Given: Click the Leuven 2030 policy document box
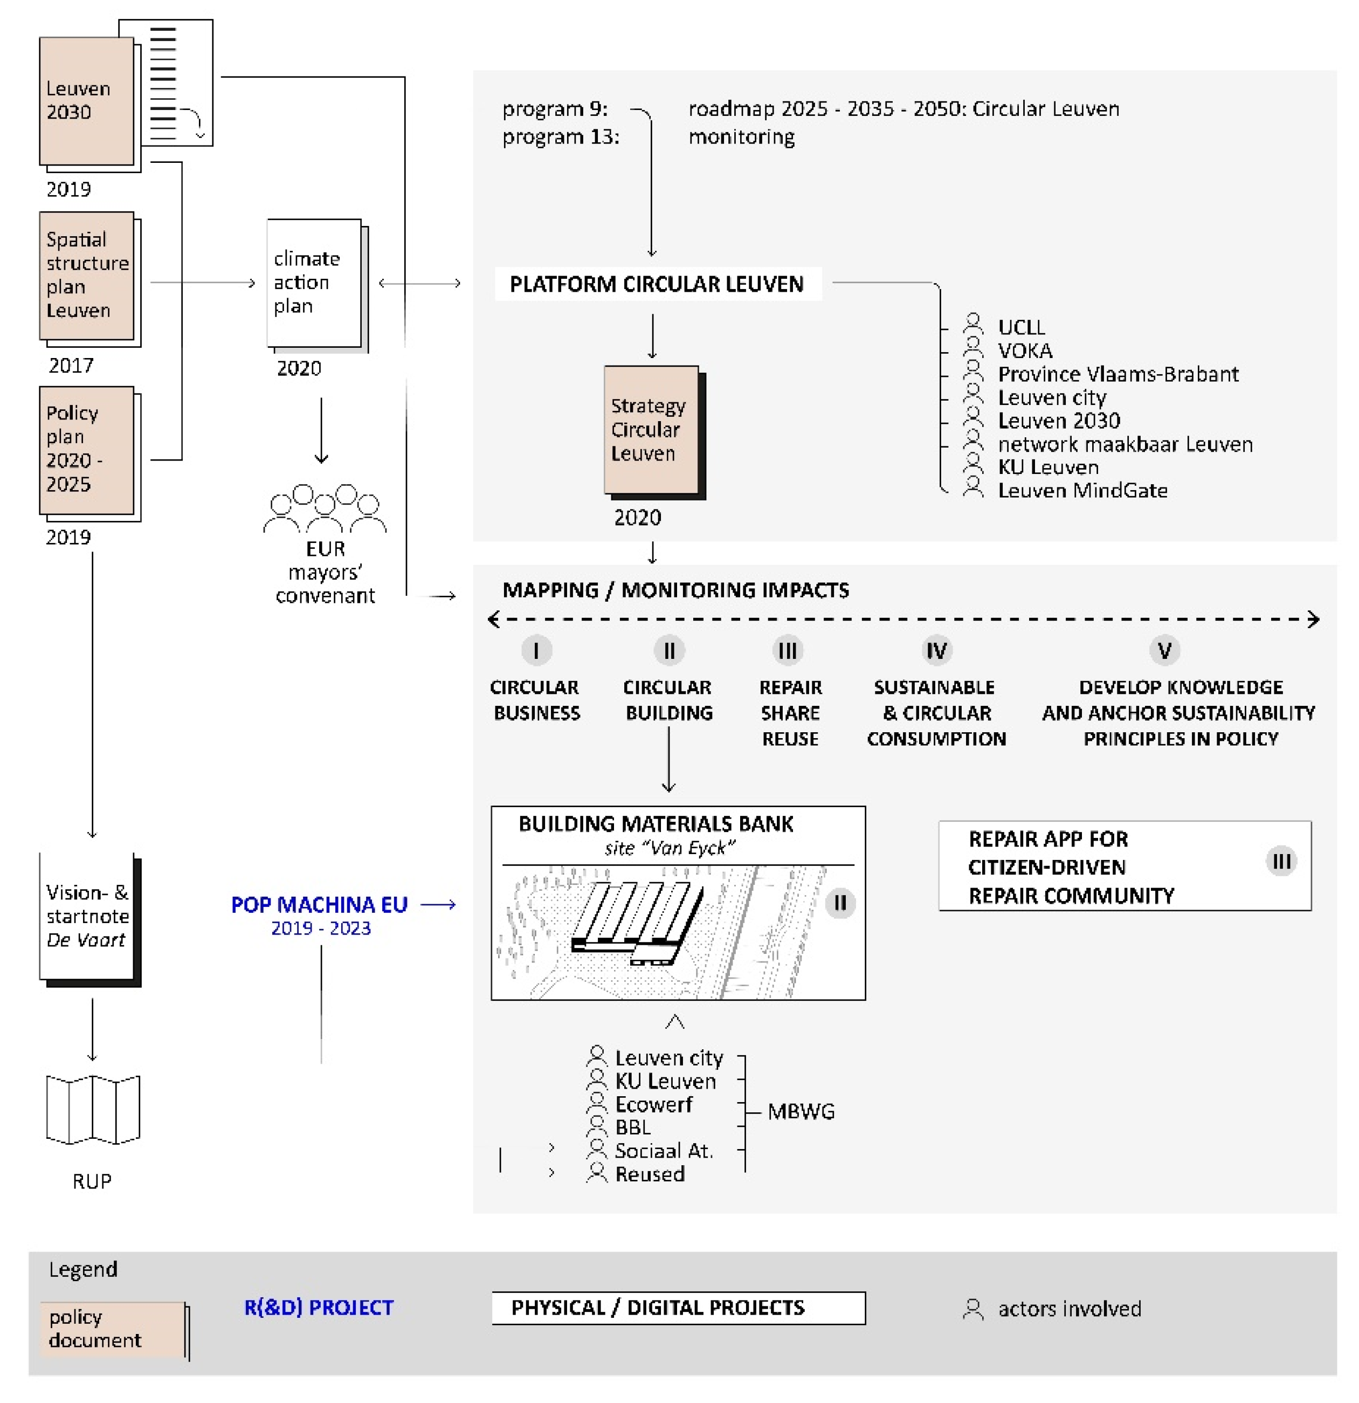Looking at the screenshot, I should point(86,101).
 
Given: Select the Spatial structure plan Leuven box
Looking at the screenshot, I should point(86,276).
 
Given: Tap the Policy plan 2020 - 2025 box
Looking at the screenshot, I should point(86,450).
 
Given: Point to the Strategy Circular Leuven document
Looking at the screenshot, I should point(651,430).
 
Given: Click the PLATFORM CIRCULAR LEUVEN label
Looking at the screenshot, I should point(656,284).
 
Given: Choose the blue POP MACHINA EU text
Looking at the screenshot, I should point(319,905).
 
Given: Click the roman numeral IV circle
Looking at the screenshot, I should point(936,651).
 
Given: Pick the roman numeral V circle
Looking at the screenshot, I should point(1164,651).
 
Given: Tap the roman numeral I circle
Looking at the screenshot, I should point(536,651).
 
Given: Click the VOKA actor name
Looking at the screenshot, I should point(1025,350).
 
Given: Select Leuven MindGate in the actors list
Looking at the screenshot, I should point(1082,490).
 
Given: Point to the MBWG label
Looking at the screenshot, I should point(801,1111).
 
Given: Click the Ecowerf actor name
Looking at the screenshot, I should point(653,1104).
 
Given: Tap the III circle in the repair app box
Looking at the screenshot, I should point(1281,861).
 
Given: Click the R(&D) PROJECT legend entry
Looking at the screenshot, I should point(319,1308).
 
